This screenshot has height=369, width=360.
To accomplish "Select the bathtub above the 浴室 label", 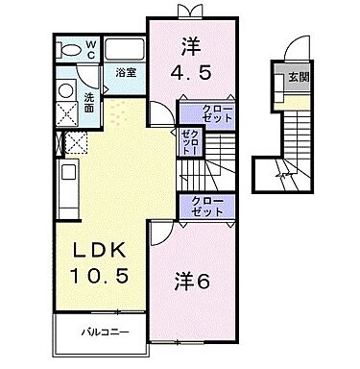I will tap(122, 51).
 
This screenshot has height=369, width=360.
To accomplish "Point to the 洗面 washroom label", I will tap(88, 101).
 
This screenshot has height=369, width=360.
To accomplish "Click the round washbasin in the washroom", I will tap(66, 89).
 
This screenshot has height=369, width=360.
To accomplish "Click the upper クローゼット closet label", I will tap(203, 114).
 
